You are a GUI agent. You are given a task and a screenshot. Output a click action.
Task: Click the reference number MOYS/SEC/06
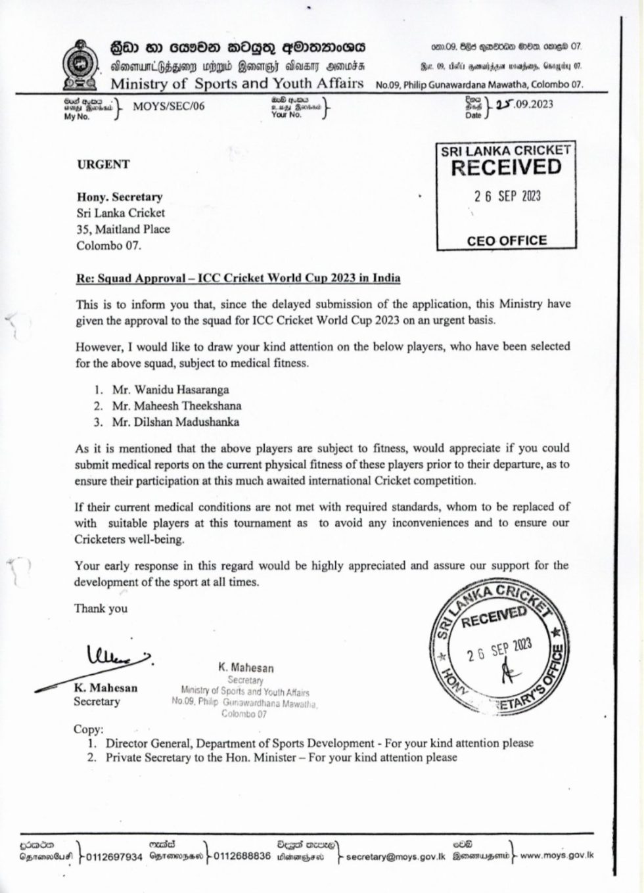(x=168, y=106)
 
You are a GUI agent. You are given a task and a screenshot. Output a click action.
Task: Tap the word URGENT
(x=103, y=164)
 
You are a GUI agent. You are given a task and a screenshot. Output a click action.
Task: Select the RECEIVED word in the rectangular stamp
(x=506, y=168)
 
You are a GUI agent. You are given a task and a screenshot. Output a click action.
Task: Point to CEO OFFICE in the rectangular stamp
(x=506, y=240)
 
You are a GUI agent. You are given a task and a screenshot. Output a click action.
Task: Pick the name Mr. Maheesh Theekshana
(x=176, y=406)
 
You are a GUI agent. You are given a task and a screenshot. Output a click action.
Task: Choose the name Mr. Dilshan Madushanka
(x=175, y=422)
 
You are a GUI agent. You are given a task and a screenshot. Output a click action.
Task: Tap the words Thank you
(x=101, y=608)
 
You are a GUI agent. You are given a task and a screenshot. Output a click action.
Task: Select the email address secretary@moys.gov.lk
(x=396, y=857)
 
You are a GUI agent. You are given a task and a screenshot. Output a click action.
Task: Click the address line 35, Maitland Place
(x=123, y=229)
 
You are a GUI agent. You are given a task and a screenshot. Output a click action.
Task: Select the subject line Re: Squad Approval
(x=238, y=278)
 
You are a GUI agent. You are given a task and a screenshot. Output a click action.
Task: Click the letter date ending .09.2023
(x=524, y=104)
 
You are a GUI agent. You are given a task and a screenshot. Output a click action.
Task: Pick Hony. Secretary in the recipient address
(x=119, y=196)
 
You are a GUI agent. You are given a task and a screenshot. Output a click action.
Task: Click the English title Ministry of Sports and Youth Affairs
(x=237, y=83)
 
